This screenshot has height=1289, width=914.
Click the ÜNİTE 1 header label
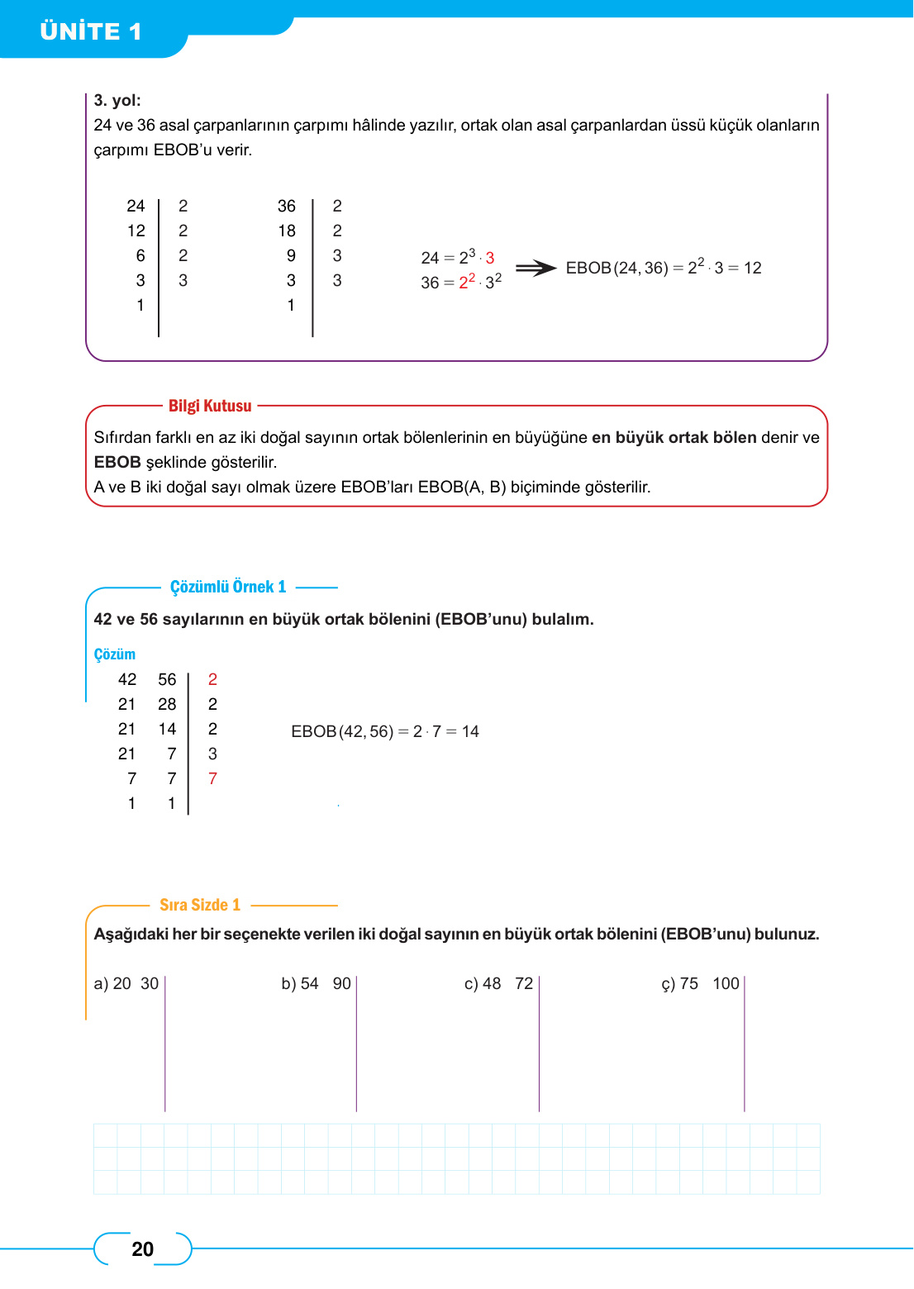(91, 31)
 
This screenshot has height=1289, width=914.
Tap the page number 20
(142, 1249)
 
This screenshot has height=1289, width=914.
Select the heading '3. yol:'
(117, 100)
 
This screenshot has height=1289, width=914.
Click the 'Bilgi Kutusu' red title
(210, 406)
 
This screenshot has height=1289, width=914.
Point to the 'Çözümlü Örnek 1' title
(228, 587)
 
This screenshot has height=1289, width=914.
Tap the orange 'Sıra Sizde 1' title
(200, 905)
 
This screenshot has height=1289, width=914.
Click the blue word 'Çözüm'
(114, 654)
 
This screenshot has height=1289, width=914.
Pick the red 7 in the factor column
(212, 778)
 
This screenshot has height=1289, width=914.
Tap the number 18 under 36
(287, 231)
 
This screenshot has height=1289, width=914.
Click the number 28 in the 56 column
(167, 704)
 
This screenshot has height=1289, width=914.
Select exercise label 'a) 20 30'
(126, 983)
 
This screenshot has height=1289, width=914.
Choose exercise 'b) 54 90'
(316, 983)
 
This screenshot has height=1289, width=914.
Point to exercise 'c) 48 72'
(498, 983)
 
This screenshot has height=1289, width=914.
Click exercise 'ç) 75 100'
(700, 983)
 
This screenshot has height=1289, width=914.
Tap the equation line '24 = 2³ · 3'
(457, 257)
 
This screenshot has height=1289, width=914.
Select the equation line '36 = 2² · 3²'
(460, 282)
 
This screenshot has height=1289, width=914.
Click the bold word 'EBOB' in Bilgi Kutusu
(117, 462)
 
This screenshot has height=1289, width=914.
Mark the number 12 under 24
(136, 231)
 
